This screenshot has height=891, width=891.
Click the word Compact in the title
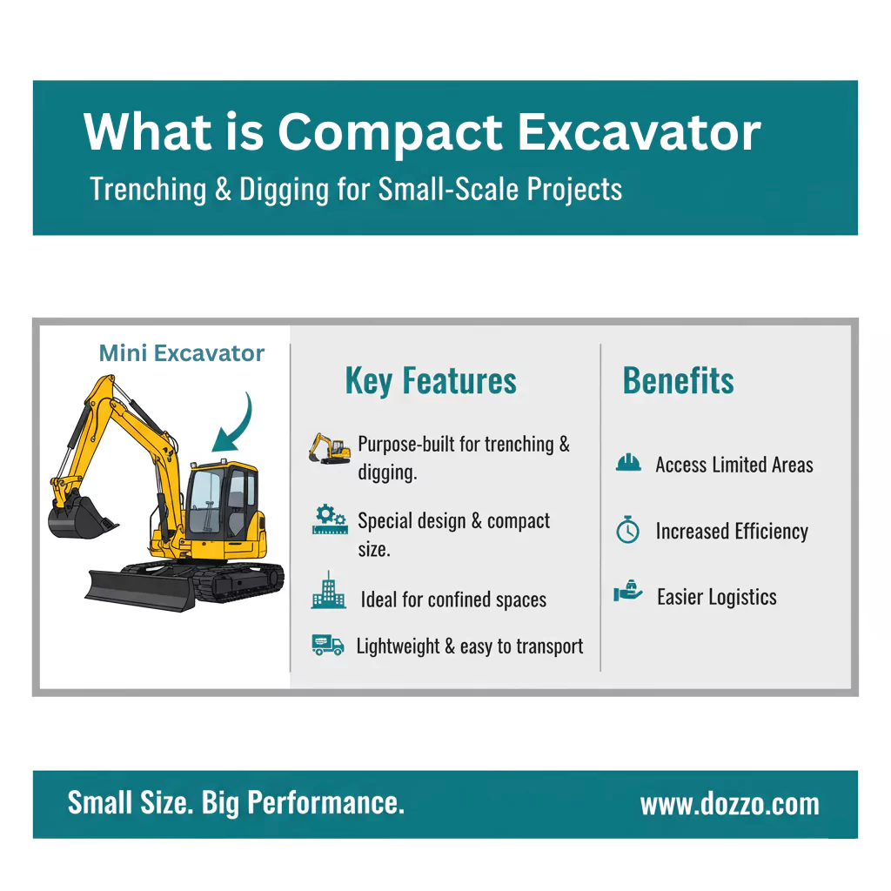(x=390, y=133)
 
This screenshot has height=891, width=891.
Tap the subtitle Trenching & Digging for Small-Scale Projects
(x=356, y=189)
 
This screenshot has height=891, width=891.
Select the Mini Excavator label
(x=182, y=353)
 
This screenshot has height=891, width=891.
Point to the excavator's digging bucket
(x=79, y=517)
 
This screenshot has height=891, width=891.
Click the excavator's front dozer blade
(x=140, y=591)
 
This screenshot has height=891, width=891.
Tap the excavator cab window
(x=204, y=501)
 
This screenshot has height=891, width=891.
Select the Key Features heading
(x=431, y=380)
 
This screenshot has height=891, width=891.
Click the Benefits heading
(x=678, y=380)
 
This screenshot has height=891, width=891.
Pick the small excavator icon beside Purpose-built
(x=330, y=449)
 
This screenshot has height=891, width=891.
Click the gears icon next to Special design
(x=330, y=519)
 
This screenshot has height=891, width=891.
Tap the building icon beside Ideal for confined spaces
(x=328, y=591)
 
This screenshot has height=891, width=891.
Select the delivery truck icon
(x=328, y=645)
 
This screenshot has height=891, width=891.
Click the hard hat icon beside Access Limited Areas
(x=628, y=463)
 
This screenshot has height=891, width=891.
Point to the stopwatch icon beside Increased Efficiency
(x=628, y=530)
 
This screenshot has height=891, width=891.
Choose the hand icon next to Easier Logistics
(x=628, y=592)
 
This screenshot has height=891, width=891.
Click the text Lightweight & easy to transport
(x=469, y=646)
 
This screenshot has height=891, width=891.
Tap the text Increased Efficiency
(x=732, y=532)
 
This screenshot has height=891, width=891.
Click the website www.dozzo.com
(x=730, y=805)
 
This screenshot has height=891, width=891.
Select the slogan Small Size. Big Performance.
(x=236, y=803)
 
